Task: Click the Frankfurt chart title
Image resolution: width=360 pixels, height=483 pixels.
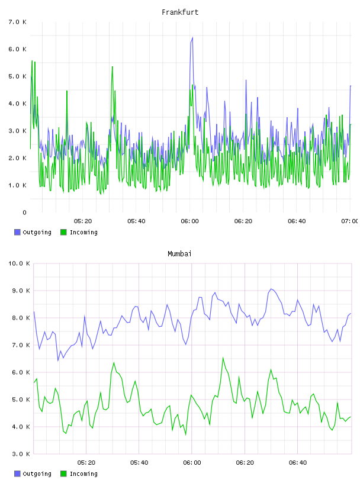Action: coord(180,12)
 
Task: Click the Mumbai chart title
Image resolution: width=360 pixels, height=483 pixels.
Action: coord(179,253)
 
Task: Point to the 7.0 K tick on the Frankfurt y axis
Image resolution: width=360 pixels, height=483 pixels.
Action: coord(18,22)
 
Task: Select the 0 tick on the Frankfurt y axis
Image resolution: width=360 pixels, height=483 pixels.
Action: coord(24,212)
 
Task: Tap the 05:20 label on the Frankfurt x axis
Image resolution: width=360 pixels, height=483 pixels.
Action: coord(83,221)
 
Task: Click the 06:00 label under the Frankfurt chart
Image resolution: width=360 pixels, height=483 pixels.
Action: coord(189,221)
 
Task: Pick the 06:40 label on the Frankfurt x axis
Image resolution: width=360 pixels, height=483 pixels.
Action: coord(297,221)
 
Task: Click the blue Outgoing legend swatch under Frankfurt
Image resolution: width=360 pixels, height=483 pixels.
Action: coord(17,232)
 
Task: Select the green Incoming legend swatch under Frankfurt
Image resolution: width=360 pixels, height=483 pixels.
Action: coord(63,232)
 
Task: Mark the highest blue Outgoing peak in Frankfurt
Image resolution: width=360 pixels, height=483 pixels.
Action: coord(192,37)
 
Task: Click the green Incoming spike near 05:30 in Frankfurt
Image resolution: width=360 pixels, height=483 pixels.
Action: coord(112,66)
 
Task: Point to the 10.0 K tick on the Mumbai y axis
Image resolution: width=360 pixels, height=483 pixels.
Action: coord(19,263)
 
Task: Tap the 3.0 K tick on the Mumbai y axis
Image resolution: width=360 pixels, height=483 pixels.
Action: coord(21,454)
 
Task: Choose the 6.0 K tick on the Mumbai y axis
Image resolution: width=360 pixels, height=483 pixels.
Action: coord(21,372)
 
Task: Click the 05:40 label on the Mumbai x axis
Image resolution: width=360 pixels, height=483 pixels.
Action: coord(139,462)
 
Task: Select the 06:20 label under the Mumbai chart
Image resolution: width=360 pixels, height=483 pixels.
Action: coord(245,462)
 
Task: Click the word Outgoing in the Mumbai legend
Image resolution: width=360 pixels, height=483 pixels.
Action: coord(37,474)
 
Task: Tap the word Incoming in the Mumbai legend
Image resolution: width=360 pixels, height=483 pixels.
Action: coord(83,474)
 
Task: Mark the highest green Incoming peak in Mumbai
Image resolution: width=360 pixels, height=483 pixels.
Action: coord(223,358)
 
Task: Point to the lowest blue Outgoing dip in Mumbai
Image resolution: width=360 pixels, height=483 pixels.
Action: coord(58,360)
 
